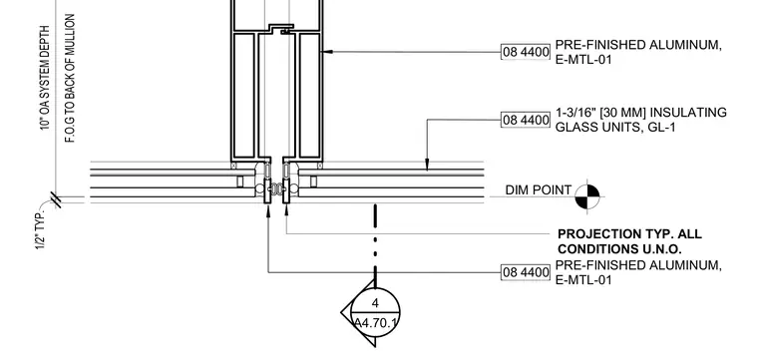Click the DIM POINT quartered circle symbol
pyautogui.click(x=587, y=196)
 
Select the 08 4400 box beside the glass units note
pyautogui.click(x=526, y=120)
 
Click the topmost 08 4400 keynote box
pyautogui.click(x=526, y=52)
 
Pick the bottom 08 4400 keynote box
pyautogui.click(x=526, y=272)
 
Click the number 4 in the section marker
pyautogui.click(x=376, y=303)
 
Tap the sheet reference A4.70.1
pyautogui.click(x=376, y=322)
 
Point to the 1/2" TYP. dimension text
pyautogui.click(x=41, y=229)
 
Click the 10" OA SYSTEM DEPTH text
pyautogui.click(x=45, y=78)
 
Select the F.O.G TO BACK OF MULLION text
pyautogui.click(x=70, y=78)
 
